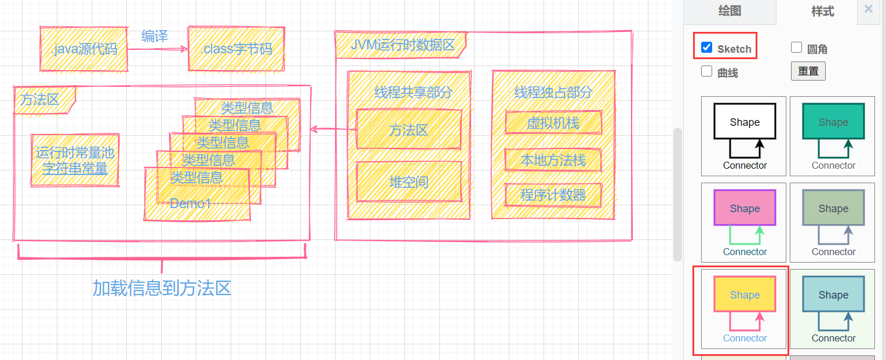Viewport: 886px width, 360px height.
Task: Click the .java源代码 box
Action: (84, 49)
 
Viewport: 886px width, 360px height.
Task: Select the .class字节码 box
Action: (236, 49)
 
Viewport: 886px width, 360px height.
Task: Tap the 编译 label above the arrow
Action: (155, 36)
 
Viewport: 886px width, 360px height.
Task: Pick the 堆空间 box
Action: (409, 182)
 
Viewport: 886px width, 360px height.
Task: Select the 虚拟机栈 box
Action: (553, 122)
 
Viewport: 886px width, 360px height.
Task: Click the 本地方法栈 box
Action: (553, 160)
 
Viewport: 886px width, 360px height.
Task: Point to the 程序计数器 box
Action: (553, 195)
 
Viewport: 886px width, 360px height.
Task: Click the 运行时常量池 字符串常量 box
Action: (75, 161)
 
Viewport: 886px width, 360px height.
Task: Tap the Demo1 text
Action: (191, 203)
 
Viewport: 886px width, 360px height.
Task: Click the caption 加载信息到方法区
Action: (162, 288)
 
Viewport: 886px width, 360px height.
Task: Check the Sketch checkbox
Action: (707, 48)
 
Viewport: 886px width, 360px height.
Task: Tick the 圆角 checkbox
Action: (797, 48)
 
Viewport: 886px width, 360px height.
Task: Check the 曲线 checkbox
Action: (707, 72)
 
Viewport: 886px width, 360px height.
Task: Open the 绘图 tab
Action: (730, 11)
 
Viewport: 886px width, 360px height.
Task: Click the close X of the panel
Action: (869, 9)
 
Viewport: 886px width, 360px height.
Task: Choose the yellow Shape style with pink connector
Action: (744, 310)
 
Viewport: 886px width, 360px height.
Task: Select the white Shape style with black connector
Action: (744, 136)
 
